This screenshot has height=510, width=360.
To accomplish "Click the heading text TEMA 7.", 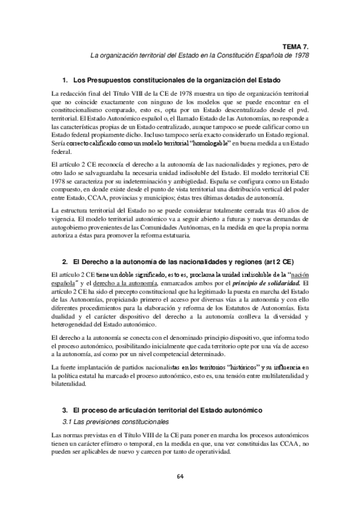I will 297,45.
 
